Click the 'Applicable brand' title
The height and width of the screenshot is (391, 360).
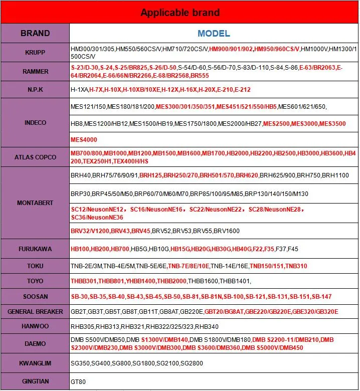(179, 12)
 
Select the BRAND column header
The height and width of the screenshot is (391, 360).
(35, 34)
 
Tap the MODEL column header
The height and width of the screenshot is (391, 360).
(214, 34)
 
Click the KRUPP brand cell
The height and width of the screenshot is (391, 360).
(35, 53)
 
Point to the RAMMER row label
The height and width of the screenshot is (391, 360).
(35, 72)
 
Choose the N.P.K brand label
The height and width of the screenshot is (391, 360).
(35, 90)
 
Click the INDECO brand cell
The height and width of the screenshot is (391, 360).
(35, 123)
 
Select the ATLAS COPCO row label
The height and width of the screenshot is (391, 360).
(35, 157)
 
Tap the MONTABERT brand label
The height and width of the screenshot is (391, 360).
(35, 203)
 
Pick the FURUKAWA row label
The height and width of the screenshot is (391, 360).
(35, 249)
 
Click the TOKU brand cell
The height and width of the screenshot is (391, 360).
(35, 266)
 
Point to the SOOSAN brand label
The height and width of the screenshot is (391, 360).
(35, 297)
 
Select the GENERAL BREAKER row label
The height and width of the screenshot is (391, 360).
(35, 312)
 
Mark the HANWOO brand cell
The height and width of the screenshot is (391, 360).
(35, 327)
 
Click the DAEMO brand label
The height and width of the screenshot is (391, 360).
(35, 344)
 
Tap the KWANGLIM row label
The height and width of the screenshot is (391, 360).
(35, 363)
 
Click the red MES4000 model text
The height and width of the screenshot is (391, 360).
(84, 140)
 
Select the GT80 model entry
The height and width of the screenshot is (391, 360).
(78, 381)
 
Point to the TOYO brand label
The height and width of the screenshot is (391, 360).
(35, 281)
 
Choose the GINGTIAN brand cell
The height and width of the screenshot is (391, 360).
(35, 381)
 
